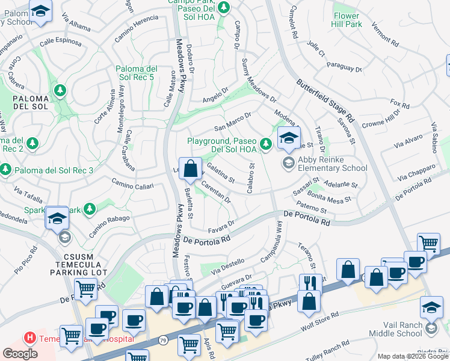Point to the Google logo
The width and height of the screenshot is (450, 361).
(x=20, y=354)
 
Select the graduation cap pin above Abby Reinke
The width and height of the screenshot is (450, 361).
(x=289, y=137)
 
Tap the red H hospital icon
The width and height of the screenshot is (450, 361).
(x=28, y=339)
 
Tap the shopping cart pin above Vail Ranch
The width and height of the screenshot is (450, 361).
(x=428, y=243)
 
